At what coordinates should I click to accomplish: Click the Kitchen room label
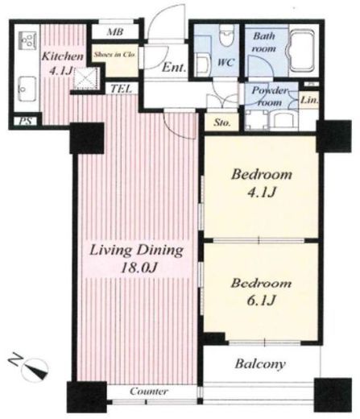click(x=62, y=56)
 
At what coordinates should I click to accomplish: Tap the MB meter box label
click(x=115, y=32)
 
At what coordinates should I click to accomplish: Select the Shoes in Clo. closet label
click(x=114, y=55)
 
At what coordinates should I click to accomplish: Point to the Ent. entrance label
click(x=174, y=67)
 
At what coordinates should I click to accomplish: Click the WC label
click(x=226, y=62)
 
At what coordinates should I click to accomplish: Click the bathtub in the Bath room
click(x=302, y=51)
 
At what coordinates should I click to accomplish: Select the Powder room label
click(x=269, y=96)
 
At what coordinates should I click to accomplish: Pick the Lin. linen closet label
click(x=309, y=101)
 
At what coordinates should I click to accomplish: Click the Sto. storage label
click(x=222, y=122)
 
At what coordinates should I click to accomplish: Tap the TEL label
click(x=122, y=89)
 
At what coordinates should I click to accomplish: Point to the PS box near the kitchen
click(x=26, y=121)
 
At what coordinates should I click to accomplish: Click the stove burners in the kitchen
click(x=27, y=41)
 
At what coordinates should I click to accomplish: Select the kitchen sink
click(x=27, y=89)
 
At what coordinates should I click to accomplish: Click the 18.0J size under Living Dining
click(x=139, y=268)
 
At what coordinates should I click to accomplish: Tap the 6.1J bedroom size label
click(x=261, y=301)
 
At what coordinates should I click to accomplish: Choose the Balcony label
click(x=260, y=364)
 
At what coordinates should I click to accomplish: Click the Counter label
click(x=149, y=391)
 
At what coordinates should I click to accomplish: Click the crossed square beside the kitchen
click(x=85, y=78)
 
